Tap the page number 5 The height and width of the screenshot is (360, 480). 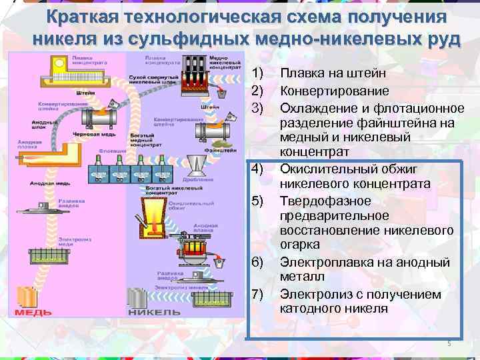(x=449, y=344)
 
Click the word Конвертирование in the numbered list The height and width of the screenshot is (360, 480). (x=325, y=91)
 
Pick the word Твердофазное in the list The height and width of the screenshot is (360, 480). (x=317, y=201)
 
